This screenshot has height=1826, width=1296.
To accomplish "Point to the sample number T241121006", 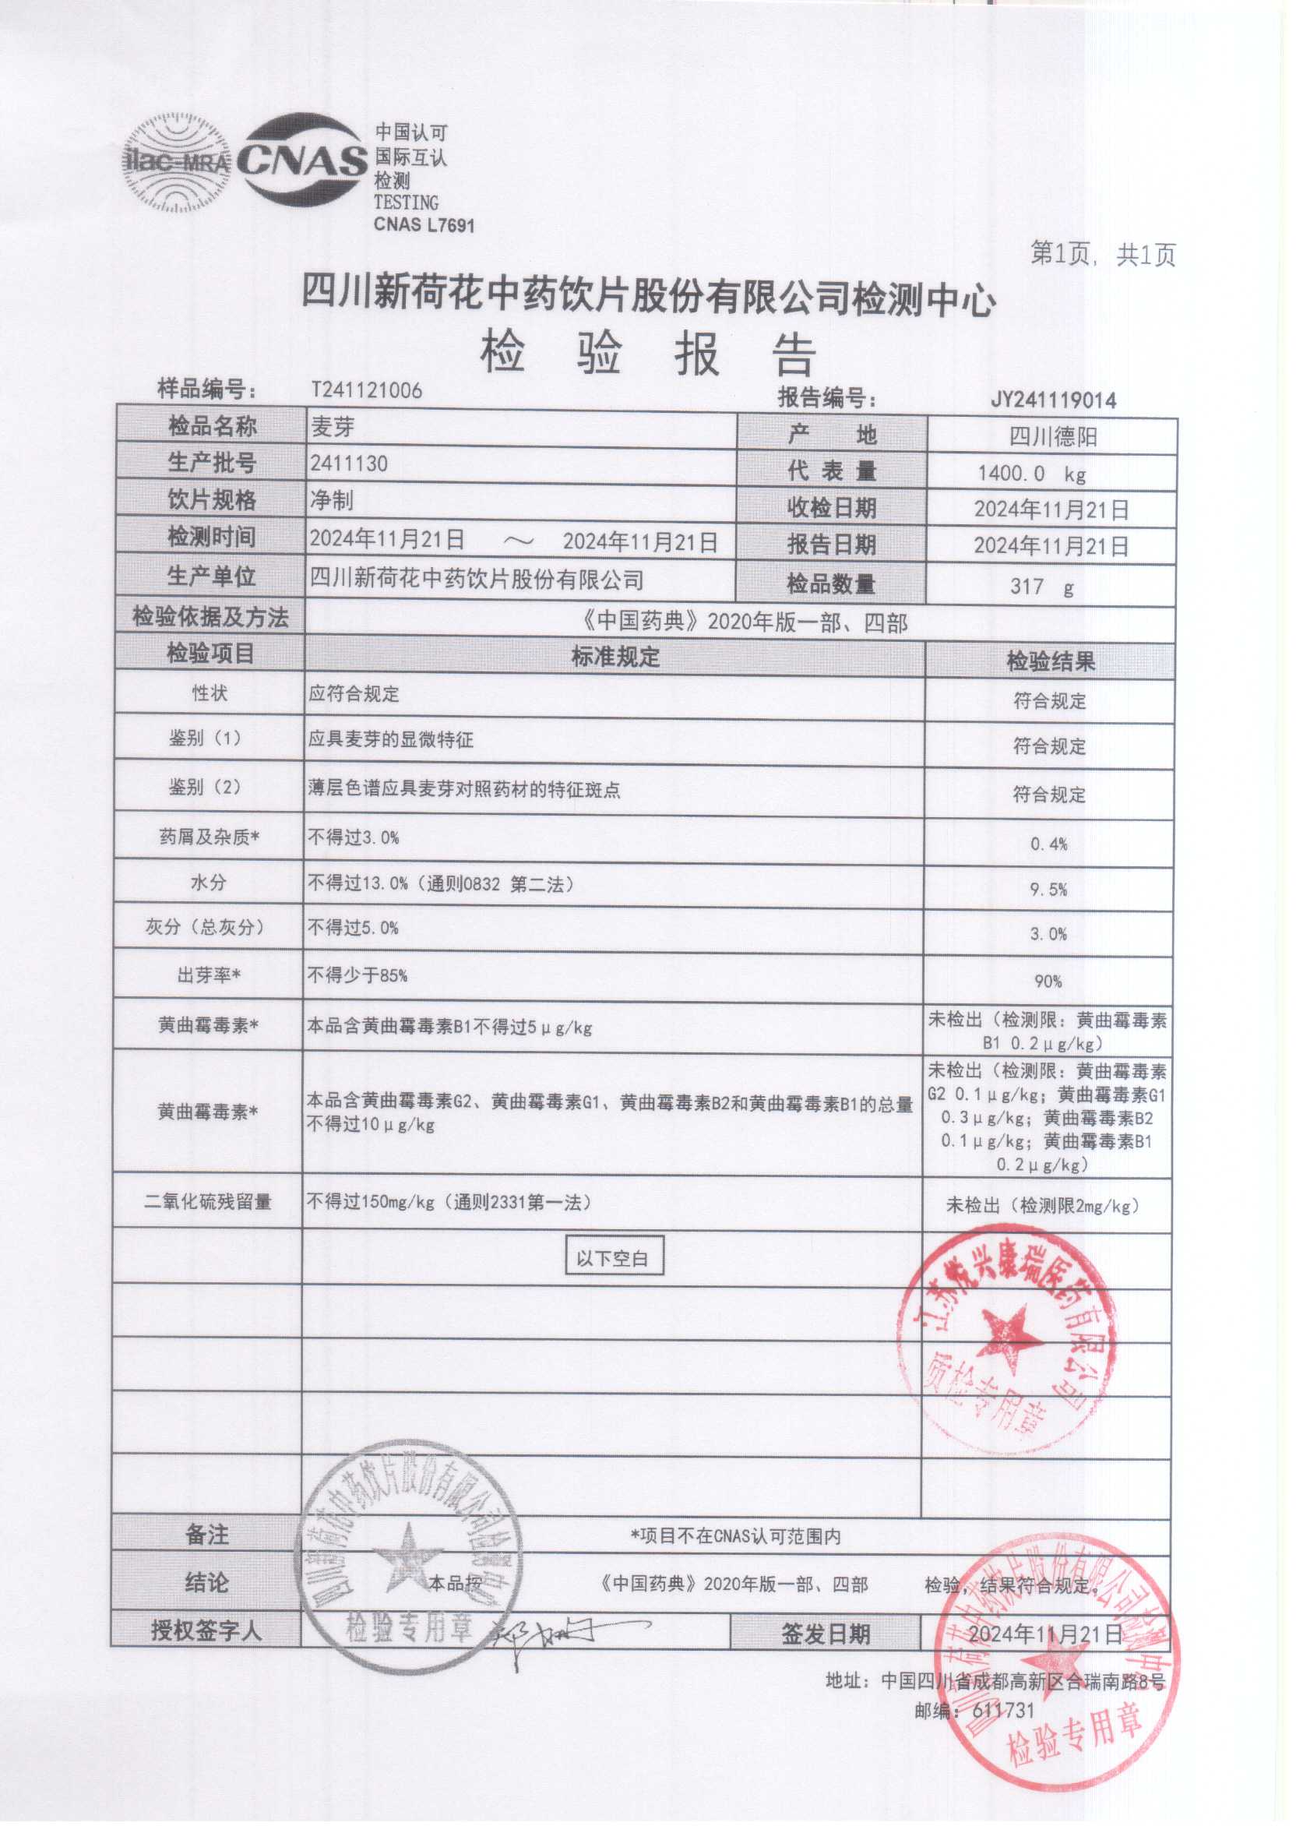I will (366, 390).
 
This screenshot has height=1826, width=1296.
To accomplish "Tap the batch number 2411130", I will (349, 464).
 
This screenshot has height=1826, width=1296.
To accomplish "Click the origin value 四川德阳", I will (1052, 436).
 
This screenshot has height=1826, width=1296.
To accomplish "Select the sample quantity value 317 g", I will (1041, 587).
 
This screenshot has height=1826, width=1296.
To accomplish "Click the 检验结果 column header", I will (1049, 661).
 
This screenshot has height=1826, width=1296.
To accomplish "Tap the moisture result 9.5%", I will (1048, 889).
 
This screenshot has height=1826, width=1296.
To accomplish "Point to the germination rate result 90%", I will (1048, 981).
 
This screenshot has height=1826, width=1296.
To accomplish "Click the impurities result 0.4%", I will (1048, 844).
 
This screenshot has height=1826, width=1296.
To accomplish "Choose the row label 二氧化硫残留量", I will (207, 1201).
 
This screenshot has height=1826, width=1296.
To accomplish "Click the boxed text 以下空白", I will (613, 1259).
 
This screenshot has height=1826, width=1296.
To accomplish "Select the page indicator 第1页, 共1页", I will (1102, 255).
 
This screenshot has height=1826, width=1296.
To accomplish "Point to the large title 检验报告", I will (647, 354).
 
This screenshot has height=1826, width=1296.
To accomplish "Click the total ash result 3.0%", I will (1048, 934).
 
